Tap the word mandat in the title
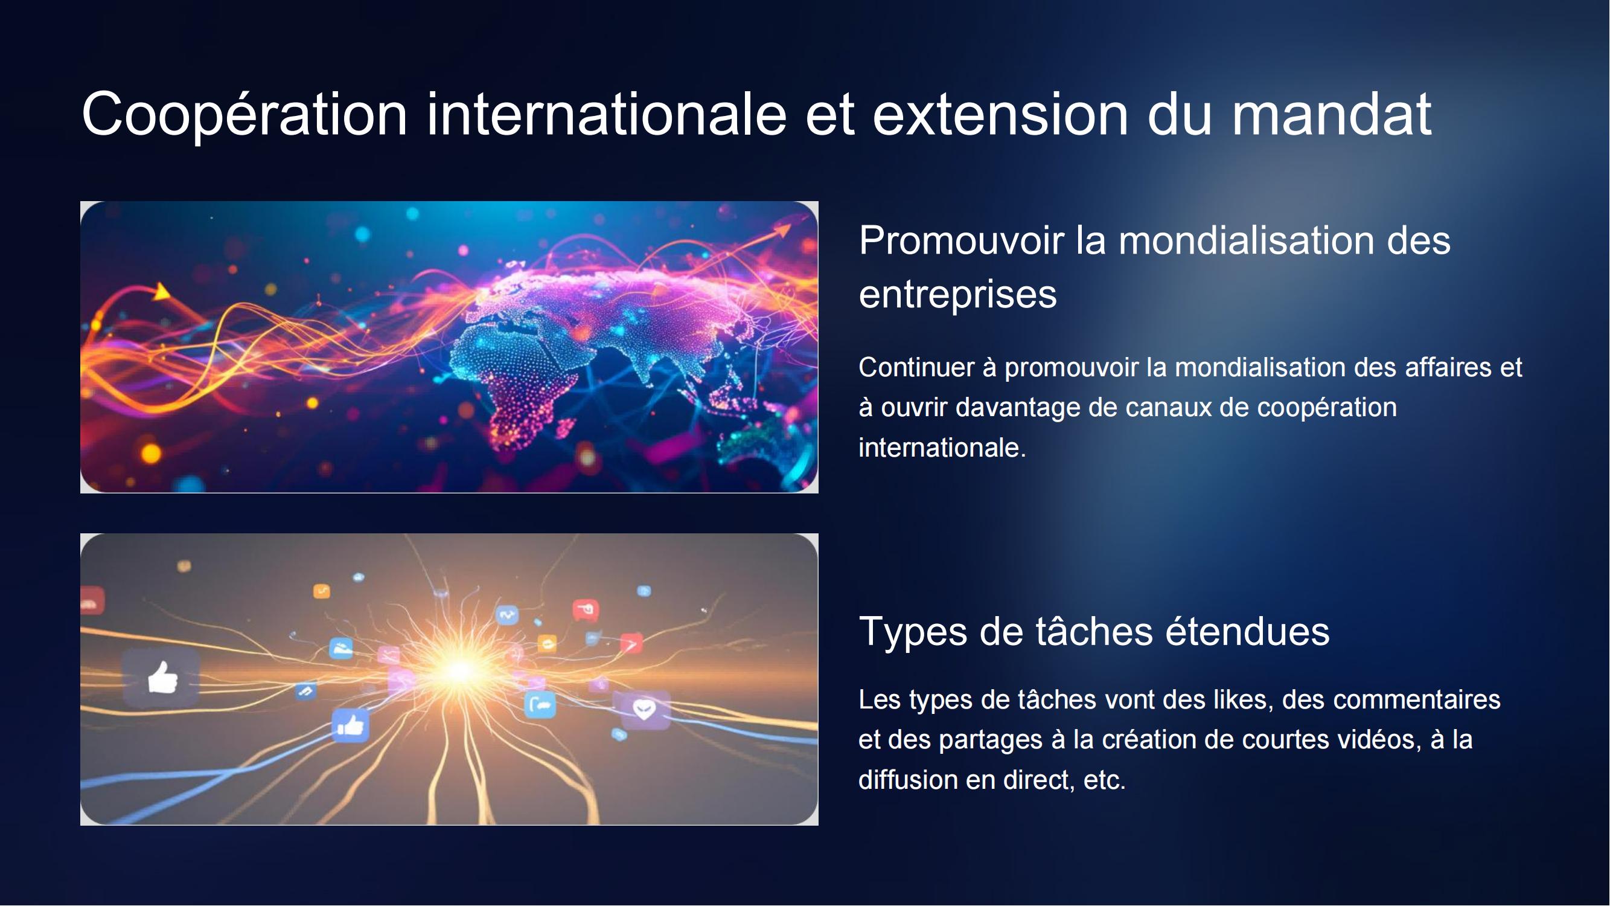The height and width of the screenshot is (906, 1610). click(1331, 114)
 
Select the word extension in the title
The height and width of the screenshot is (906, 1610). click(1001, 115)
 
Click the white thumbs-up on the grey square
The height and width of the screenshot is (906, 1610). click(162, 678)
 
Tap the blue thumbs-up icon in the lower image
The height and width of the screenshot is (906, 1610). click(351, 726)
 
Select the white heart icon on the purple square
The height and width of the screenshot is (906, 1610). click(644, 709)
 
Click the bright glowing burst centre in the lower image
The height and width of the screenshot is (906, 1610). click(460, 670)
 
